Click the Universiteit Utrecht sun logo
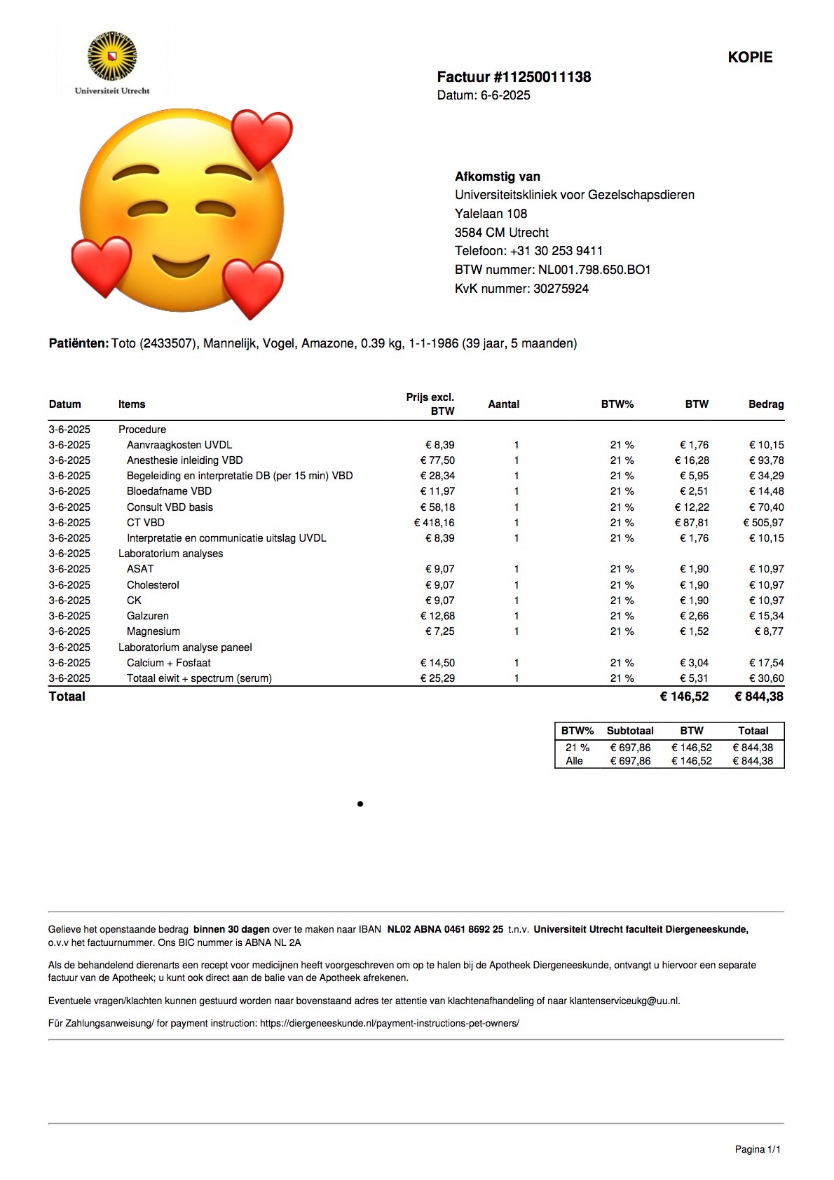click(112, 55)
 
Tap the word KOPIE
click(750, 57)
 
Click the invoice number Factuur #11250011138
click(514, 77)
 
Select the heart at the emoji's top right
click(261, 139)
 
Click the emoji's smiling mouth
click(181, 266)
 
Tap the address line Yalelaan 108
click(491, 214)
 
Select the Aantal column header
click(503, 404)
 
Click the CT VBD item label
click(145, 523)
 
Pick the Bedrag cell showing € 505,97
click(763, 523)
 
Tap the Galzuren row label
click(147, 616)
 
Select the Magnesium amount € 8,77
click(769, 631)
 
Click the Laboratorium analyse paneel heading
click(185, 647)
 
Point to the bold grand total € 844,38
click(758, 697)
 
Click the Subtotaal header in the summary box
click(630, 731)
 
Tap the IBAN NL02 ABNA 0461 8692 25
click(445, 930)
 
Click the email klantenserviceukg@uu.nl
click(624, 1001)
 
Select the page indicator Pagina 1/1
click(758, 1149)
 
